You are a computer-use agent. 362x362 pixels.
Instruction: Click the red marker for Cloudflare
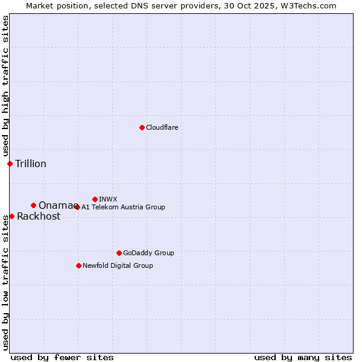coord(142,127)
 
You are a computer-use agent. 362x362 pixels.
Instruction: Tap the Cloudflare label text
coord(162,127)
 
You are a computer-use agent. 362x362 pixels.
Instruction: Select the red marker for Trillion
coord(10,164)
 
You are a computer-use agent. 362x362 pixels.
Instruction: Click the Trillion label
coord(31,164)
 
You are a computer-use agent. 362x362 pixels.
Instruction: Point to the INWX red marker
coord(95,199)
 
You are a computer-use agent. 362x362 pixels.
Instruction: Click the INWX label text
coord(108,199)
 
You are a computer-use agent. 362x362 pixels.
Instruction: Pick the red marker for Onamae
coord(33,205)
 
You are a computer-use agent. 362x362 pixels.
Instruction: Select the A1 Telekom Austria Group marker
coord(77,207)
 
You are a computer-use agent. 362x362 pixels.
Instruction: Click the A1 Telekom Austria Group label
coord(123,207)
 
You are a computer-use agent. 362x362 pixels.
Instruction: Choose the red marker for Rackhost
coord(11,216)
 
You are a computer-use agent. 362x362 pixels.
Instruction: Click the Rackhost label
coord(39,217)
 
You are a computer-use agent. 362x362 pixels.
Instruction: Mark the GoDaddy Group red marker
coord(119,253)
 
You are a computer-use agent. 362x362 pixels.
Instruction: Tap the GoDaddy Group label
coord(148,253)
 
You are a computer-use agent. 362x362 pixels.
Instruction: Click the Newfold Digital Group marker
coord(78,265)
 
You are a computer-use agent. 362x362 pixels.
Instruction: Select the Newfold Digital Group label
coord(118,265)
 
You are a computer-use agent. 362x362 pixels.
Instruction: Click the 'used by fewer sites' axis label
coord(62,357)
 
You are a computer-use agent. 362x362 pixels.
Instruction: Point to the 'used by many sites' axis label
coord(303,357)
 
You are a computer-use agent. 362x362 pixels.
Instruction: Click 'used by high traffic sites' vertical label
coord(5,86)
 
